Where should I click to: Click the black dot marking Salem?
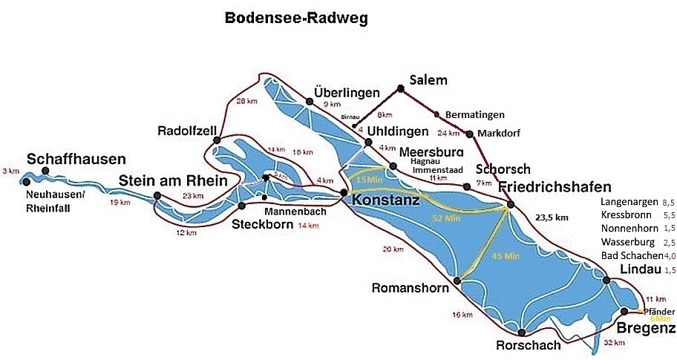pos(400,88)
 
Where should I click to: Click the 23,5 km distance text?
pos(551,217)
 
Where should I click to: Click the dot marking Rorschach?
pos(522,333)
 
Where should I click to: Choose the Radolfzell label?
pos(187,131)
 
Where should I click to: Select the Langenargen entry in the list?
pos(629,202)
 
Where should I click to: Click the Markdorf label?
pos(500,133)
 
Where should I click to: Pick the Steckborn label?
pos(258,224)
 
